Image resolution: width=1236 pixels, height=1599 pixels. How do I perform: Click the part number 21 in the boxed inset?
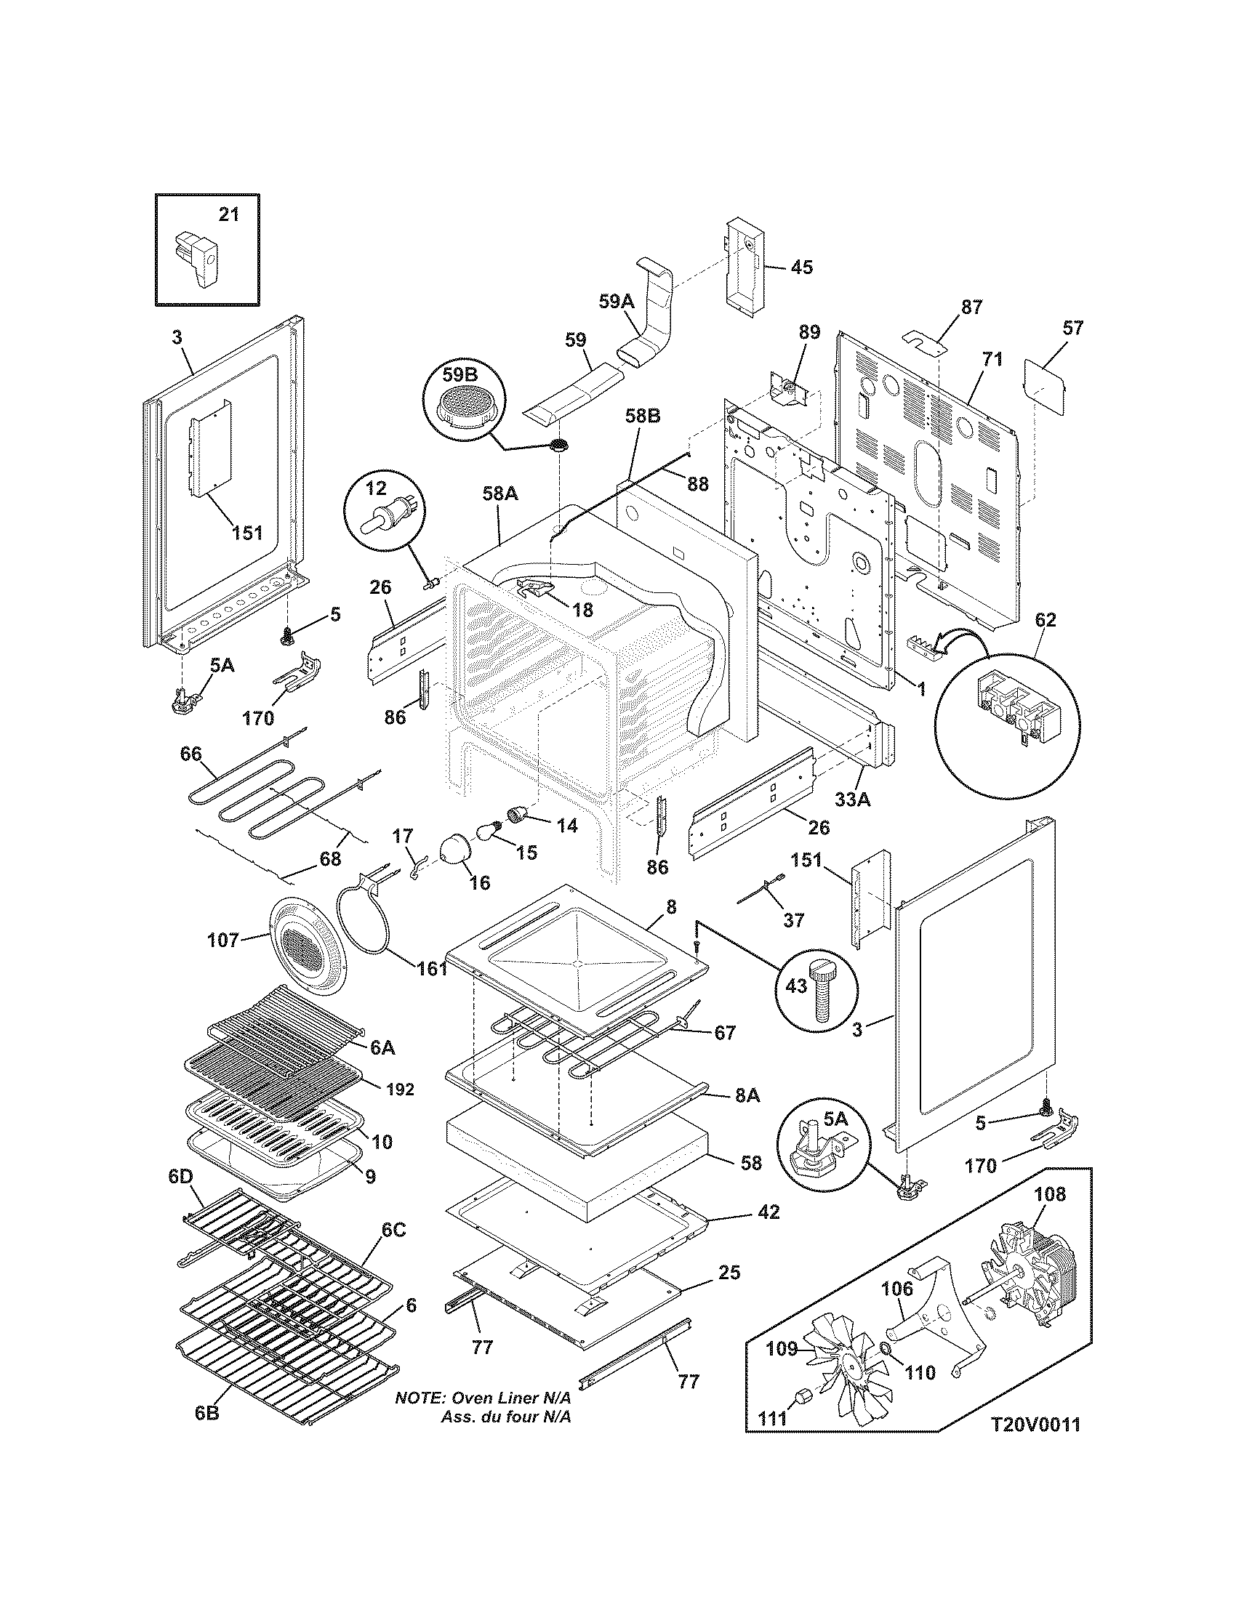(229, 214)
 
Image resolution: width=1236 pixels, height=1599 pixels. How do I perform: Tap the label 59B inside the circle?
(459, 375)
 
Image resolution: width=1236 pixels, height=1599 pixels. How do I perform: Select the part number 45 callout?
(801, 267)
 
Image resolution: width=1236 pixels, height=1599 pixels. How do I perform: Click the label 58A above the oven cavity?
(500, 494)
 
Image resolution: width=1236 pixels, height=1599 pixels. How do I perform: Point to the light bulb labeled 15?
(489, 831)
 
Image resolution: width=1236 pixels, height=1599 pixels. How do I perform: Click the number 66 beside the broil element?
(190, 754)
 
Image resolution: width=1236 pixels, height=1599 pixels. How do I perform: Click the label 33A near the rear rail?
(853, 800)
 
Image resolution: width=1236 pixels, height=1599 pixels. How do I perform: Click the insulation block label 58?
(751, 1163)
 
